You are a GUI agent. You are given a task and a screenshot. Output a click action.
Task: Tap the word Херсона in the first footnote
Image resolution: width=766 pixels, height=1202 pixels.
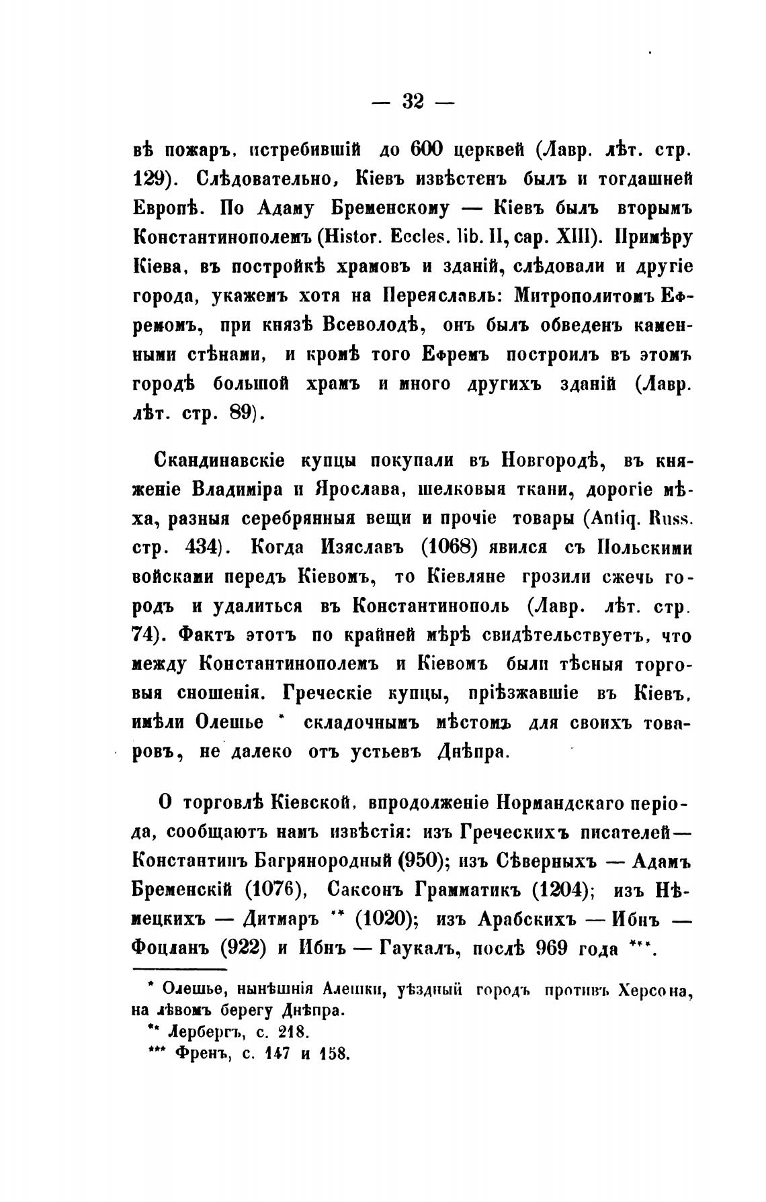coord(655,990)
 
